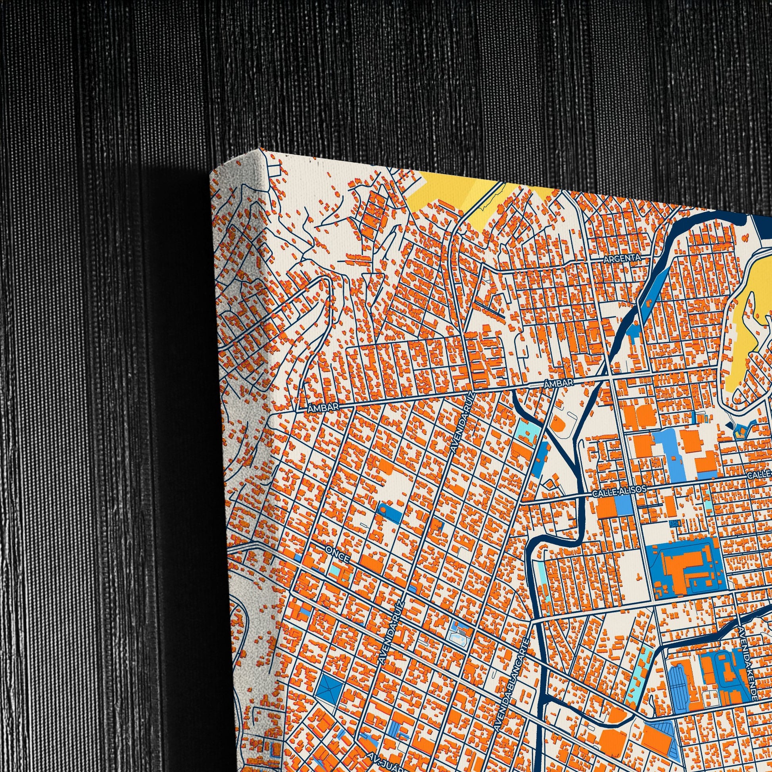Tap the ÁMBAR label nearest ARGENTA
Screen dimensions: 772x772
[x=559, y=383]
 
